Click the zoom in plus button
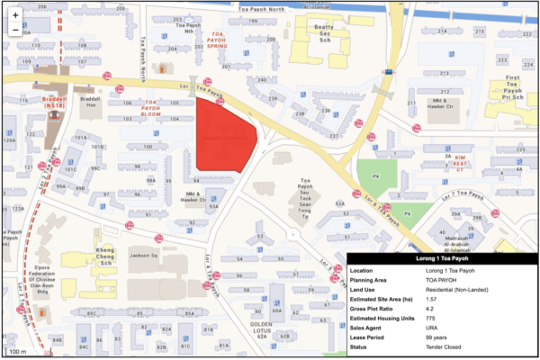(x=15, y=15)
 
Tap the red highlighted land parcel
(x=223, y=135)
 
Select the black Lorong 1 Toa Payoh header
(x=442, y=259)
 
